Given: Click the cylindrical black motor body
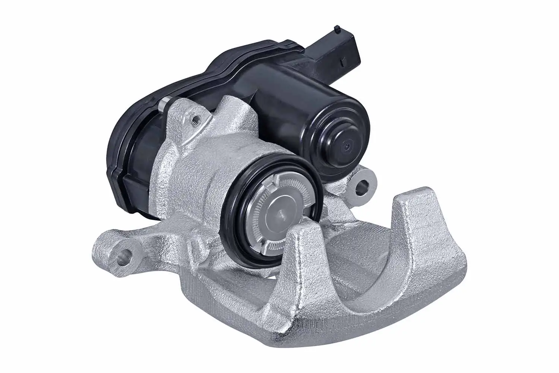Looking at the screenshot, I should pos(294,112).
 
